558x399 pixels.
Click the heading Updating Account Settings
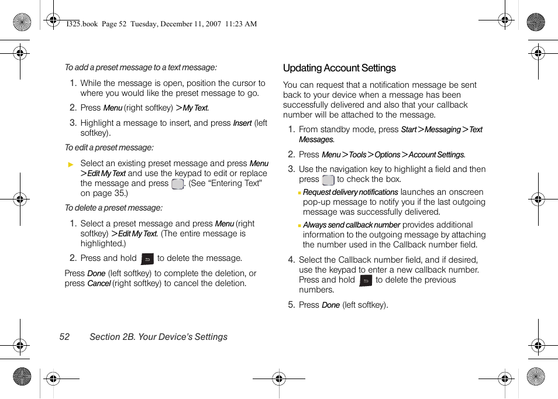[x=339, y=68]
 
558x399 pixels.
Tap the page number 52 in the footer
[x=64, y=337]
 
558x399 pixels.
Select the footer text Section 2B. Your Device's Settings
[x=159, y=337]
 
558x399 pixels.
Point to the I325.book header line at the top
[x=161, y=24]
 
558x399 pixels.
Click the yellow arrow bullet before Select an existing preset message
[x=71, y=164]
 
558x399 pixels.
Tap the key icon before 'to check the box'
[x=328, y=180]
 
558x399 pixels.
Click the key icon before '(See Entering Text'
[x=177, y=184]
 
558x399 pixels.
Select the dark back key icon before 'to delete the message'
[x=147, y=259]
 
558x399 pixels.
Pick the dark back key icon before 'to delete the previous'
[x=366, y=280]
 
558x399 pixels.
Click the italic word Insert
[x=242, y=123]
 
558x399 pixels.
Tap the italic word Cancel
[x=99, y=284]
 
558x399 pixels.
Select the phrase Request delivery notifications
[x=350, y=192]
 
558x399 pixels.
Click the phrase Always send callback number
[x=352, y=225]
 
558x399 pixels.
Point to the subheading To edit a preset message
[x=109, y=148]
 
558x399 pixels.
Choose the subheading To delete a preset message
[x=113, y=208]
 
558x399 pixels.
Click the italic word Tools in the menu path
[x=357, y=155]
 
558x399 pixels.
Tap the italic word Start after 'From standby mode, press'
[x=408, y=130]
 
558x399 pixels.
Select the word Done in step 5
[x=330, y=305]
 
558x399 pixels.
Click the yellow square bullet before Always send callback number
[x=299, y=225]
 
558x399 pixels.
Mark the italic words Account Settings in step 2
[x=436, y=155]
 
